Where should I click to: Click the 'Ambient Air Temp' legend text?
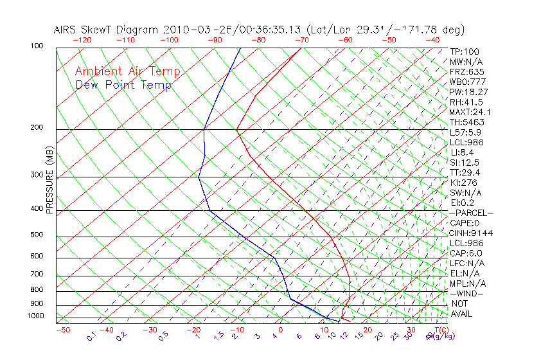(127, 71)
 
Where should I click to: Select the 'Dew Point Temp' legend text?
(123, 85)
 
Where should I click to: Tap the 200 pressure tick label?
(36, 127)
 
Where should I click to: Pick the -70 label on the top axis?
(300, 39)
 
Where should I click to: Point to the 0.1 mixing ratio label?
(92, 336)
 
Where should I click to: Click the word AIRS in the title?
(67, 30)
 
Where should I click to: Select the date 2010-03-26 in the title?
(191, 30)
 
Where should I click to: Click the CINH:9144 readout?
(471, 233)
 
